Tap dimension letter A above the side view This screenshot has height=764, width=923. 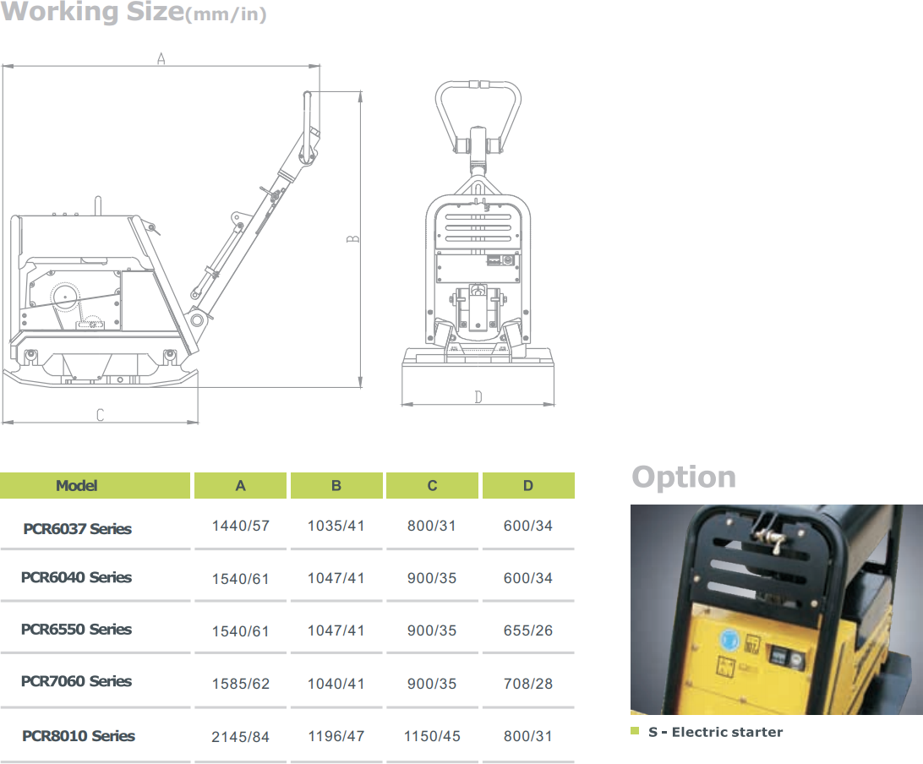[x=161, y=59]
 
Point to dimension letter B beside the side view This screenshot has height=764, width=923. [x=352, y=239]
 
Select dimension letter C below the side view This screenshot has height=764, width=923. [x=100, y=415]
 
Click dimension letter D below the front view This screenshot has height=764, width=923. [x=478, y=397]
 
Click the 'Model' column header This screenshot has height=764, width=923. [x=77, y=486]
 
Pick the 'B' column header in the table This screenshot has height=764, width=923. [x=336, y=486]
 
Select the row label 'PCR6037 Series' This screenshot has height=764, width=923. [x=77, y=528]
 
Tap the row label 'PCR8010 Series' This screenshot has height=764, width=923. [x=79, y=736]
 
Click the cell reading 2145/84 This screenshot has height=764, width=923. [x=240, y=737]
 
